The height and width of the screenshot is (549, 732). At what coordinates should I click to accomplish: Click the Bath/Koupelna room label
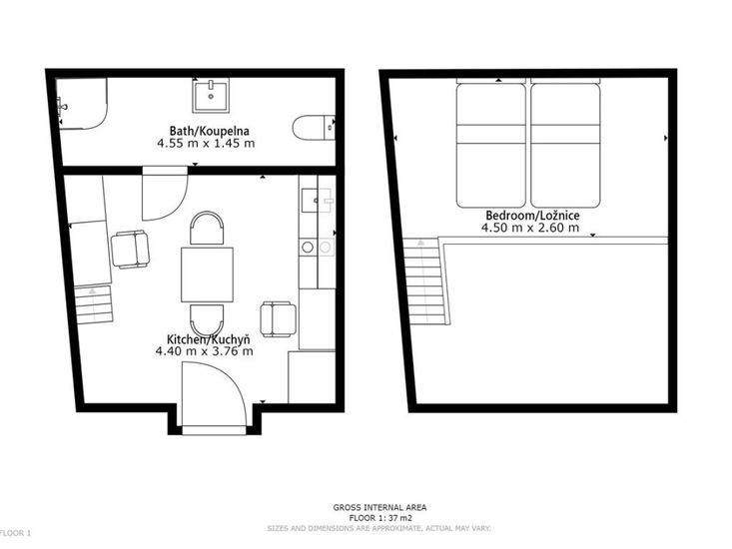209,131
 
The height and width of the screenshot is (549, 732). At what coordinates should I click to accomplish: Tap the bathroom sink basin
211,96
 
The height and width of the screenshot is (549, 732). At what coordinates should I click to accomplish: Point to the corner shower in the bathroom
82,103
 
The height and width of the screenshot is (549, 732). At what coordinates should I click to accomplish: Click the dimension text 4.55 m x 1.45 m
206,143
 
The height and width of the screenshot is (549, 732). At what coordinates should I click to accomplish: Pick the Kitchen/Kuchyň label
208,339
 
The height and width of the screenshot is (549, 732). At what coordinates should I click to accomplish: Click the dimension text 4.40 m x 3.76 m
205,350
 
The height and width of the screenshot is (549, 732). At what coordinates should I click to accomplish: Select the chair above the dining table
207,229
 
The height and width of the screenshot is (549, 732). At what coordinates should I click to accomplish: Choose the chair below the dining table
207,320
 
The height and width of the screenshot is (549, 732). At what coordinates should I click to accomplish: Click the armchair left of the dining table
130,250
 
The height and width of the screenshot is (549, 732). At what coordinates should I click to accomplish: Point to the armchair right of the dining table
279,319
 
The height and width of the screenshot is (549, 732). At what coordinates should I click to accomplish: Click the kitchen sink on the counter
317,200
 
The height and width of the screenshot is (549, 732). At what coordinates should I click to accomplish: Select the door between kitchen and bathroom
165,194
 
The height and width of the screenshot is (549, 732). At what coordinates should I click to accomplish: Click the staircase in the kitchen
93,304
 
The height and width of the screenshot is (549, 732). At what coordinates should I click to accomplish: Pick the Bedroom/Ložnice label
532,216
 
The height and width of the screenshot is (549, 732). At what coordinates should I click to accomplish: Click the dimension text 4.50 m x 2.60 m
530,228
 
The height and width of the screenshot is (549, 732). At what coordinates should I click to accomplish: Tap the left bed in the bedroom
491,145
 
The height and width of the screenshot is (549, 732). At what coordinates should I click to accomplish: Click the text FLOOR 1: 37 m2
380,518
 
